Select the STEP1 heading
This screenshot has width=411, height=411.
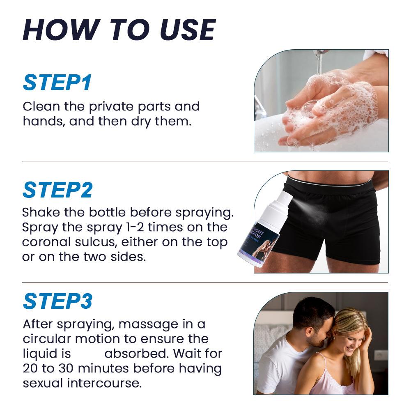pyautogui.click(x=57, y=82)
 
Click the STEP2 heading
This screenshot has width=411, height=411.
pyautogui.click(x=57, y=190)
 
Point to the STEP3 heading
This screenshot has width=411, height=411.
pyautogui.click(x=57, y=301)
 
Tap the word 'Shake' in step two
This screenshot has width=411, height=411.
pyautogui.click(x=41, y=212)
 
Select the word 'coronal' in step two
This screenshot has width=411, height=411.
pyautogui.click(x=46, y=242)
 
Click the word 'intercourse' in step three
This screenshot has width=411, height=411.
pyautogui.click(x=104, y=383)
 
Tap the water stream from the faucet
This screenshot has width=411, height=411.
pyautogui.click(x=319, y=63)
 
